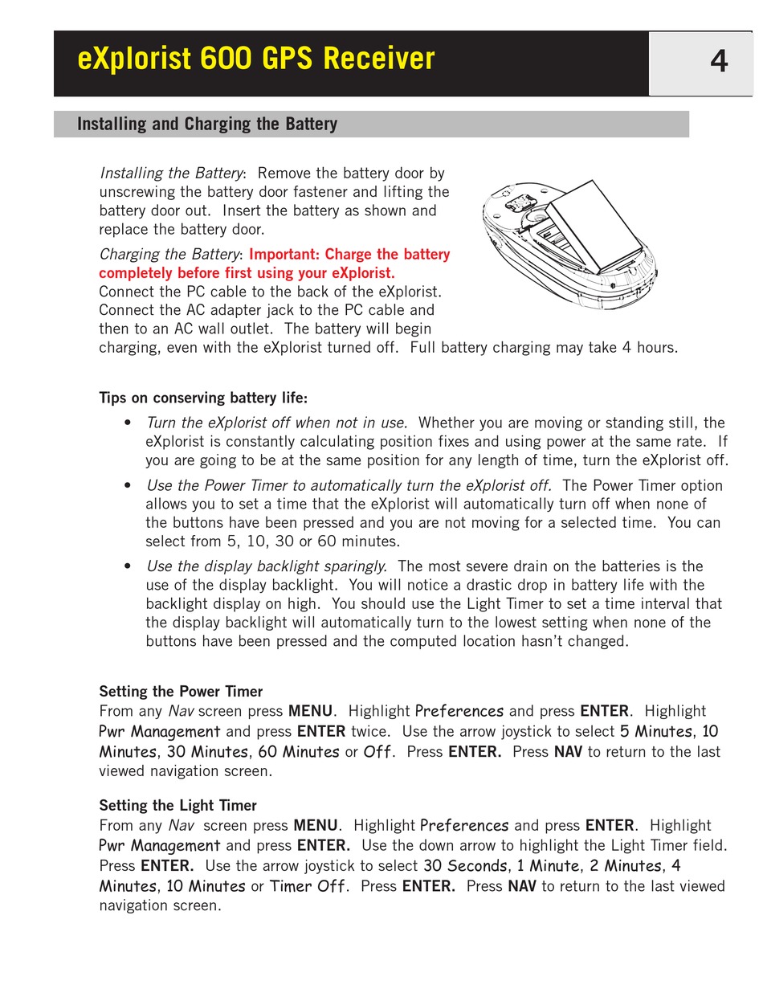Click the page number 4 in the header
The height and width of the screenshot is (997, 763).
719,62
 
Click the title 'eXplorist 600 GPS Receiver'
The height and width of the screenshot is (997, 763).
256,59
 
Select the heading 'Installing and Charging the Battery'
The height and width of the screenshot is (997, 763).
207,125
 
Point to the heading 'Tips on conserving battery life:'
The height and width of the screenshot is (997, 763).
203,398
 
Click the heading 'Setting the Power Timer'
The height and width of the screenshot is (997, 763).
181,692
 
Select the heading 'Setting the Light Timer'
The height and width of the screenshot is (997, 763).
177,806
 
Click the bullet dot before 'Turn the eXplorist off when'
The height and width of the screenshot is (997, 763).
128,423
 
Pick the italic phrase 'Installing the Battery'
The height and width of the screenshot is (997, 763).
171,174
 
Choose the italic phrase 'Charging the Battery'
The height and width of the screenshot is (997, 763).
169,255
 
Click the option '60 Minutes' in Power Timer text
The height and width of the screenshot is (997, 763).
299,753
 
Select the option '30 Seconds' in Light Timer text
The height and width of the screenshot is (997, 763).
466,867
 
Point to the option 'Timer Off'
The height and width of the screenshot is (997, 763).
308,887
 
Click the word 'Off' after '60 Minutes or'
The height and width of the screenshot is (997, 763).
378,753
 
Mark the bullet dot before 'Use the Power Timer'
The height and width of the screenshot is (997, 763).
128,486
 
